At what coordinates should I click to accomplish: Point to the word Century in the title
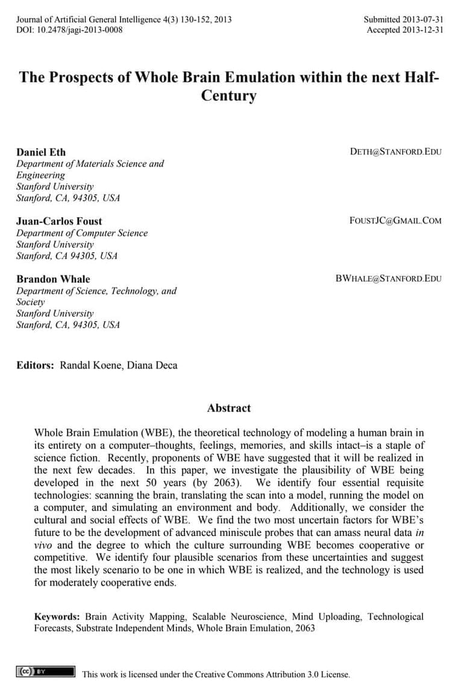[228, 96]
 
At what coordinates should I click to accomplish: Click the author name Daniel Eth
[41, 151]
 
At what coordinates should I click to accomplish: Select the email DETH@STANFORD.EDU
[395, 151]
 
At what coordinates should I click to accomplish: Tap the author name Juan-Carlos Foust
[59, 221]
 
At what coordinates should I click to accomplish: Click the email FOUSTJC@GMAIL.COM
[395, 221]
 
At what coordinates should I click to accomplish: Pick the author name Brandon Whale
[53, 279]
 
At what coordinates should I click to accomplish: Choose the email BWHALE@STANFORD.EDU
[388, 279]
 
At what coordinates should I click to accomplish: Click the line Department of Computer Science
[82, 233]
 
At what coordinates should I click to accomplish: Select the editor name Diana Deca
[152, 365]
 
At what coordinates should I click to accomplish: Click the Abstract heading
[229, 408]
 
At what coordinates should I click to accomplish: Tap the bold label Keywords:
[57, 617]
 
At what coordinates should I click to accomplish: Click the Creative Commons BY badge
[46, 672]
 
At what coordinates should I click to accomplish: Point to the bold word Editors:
[36, 365]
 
